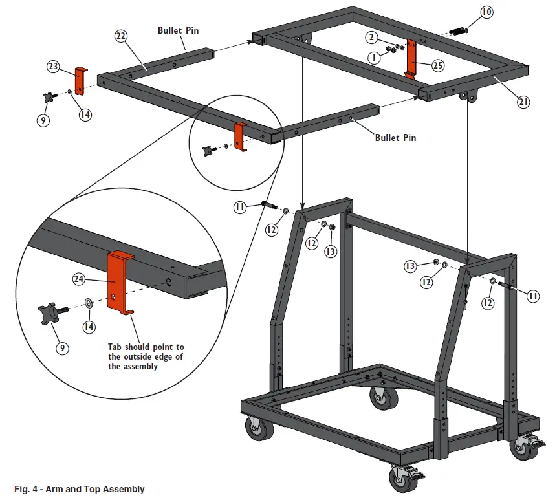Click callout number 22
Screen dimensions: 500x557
tap(121, 37)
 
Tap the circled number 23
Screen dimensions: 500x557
tap(54, 66)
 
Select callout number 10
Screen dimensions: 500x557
tap(486, 12)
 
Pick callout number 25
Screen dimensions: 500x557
tap(438, 65)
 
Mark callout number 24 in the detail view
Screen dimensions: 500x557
tap(80, 279)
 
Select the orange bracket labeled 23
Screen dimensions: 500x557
tap(80, 81)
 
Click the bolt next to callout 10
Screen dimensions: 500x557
tap(459, 30)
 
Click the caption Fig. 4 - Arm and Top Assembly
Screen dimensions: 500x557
tap(80, 489)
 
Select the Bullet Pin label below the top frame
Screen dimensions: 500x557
tap(396, 138)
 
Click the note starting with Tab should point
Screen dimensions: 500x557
tap(146, 356)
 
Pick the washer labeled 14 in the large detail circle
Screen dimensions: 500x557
tap(88, 303)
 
